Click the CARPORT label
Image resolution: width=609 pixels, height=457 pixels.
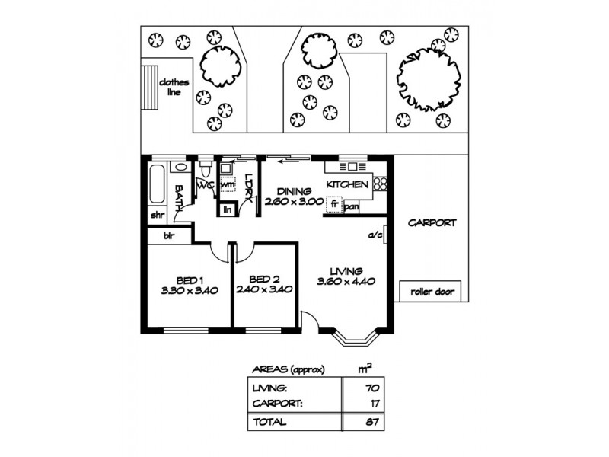pos(432,223)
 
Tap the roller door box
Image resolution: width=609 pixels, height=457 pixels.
pos(431,292)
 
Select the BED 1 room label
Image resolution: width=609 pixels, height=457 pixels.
pos(184,280)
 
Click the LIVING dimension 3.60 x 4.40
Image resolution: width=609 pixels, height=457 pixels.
pos(345,282)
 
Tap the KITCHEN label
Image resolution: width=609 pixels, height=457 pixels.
pos(348,185)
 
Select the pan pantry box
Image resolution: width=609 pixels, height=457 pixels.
pos(352,206)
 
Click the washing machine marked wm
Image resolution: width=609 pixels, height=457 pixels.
pos(228,184)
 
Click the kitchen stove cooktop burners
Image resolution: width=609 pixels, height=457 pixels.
pos(380,184)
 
